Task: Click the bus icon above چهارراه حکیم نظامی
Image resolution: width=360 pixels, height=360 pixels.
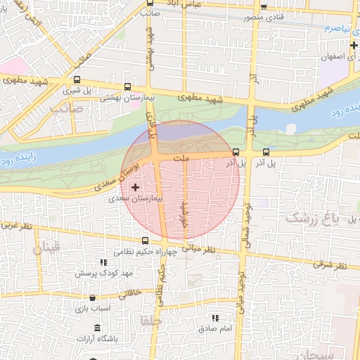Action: (x=145, y=240)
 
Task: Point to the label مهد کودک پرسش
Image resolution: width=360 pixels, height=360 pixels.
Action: (x=96, y=271)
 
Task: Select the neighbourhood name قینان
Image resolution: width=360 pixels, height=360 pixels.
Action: (x=47, y=247)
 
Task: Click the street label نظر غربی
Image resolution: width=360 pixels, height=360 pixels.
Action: (x=16, y=226)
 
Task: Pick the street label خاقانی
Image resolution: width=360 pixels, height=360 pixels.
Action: (x=131, y=288)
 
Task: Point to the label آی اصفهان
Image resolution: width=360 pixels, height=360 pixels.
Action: (x=340, y=58)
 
